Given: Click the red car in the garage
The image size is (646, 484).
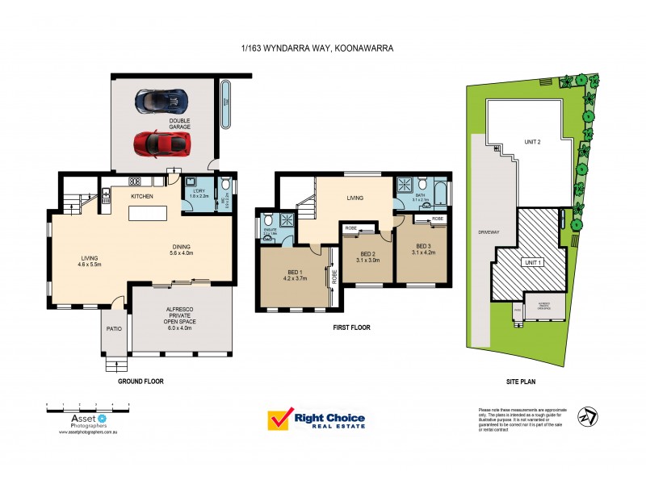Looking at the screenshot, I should (x=162, y=144).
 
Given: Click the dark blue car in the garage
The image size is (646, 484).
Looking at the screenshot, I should (x=163, y=101).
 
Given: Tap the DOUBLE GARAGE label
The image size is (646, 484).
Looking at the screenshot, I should (x=180, y=124).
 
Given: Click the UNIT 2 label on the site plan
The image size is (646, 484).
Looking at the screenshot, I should (x=532, y=141).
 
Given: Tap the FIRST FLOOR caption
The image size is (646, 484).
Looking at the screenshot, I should (x=351, y=328).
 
